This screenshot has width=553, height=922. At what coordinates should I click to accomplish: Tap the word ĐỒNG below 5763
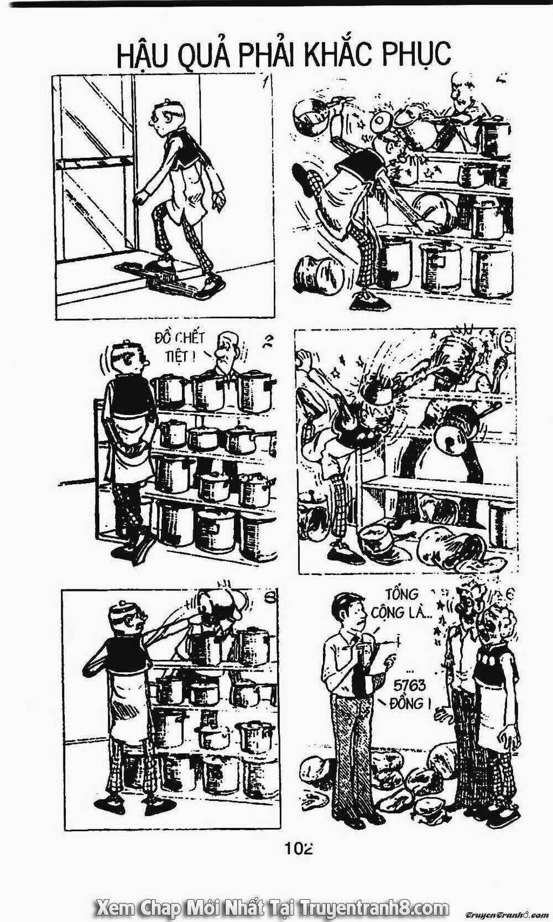click(406, 703)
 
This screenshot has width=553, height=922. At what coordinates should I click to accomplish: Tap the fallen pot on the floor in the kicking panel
click(319, 272)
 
